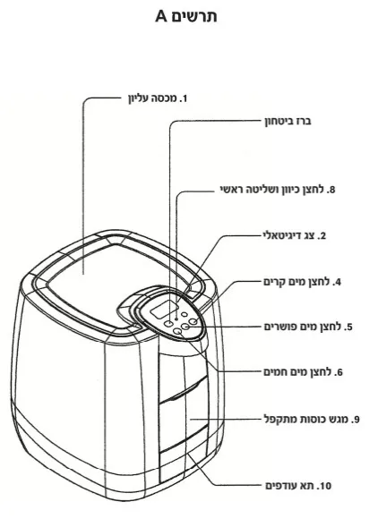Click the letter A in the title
coord(161,16)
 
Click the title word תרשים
coord(194,16)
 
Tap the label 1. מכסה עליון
coord(159,98)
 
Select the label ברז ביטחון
coord(287,121)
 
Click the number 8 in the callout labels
coord(331,190)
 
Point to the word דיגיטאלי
coord(285,236)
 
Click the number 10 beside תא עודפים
coord(325,486)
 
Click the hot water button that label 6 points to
coord(178,331)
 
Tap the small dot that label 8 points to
coord(176,317)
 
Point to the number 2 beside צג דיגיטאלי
coord(323,236)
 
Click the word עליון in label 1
coord(139,99)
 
